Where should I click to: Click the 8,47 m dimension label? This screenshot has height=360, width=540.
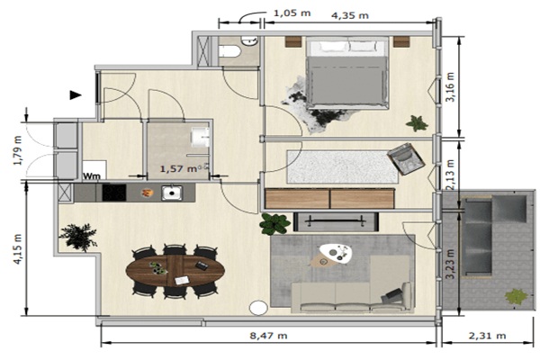[268, 335]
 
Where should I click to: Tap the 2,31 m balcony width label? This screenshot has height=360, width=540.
[487, 335]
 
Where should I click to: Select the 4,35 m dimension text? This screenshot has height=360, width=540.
[350, 15]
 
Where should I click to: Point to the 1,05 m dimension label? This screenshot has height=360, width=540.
[292, 13]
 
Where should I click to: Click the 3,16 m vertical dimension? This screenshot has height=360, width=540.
[450, 86]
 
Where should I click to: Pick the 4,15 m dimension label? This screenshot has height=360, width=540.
[18, 249]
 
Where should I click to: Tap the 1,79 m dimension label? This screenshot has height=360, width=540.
[18, 150]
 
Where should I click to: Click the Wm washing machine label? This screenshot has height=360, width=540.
[92, 176]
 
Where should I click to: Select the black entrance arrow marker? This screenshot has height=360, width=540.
[76, 95]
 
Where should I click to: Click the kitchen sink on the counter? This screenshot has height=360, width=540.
[172, 193]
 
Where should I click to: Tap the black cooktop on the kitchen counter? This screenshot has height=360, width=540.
[114, 193]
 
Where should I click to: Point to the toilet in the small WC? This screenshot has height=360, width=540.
[229, 51]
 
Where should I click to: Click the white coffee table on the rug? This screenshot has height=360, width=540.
[336, 254]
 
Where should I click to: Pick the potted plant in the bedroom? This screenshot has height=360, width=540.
[417, 123]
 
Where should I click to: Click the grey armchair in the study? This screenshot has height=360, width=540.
[405, 158]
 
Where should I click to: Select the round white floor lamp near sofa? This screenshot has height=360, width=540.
[258, 308]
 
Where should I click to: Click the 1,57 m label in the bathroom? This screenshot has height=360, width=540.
[178, 169]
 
